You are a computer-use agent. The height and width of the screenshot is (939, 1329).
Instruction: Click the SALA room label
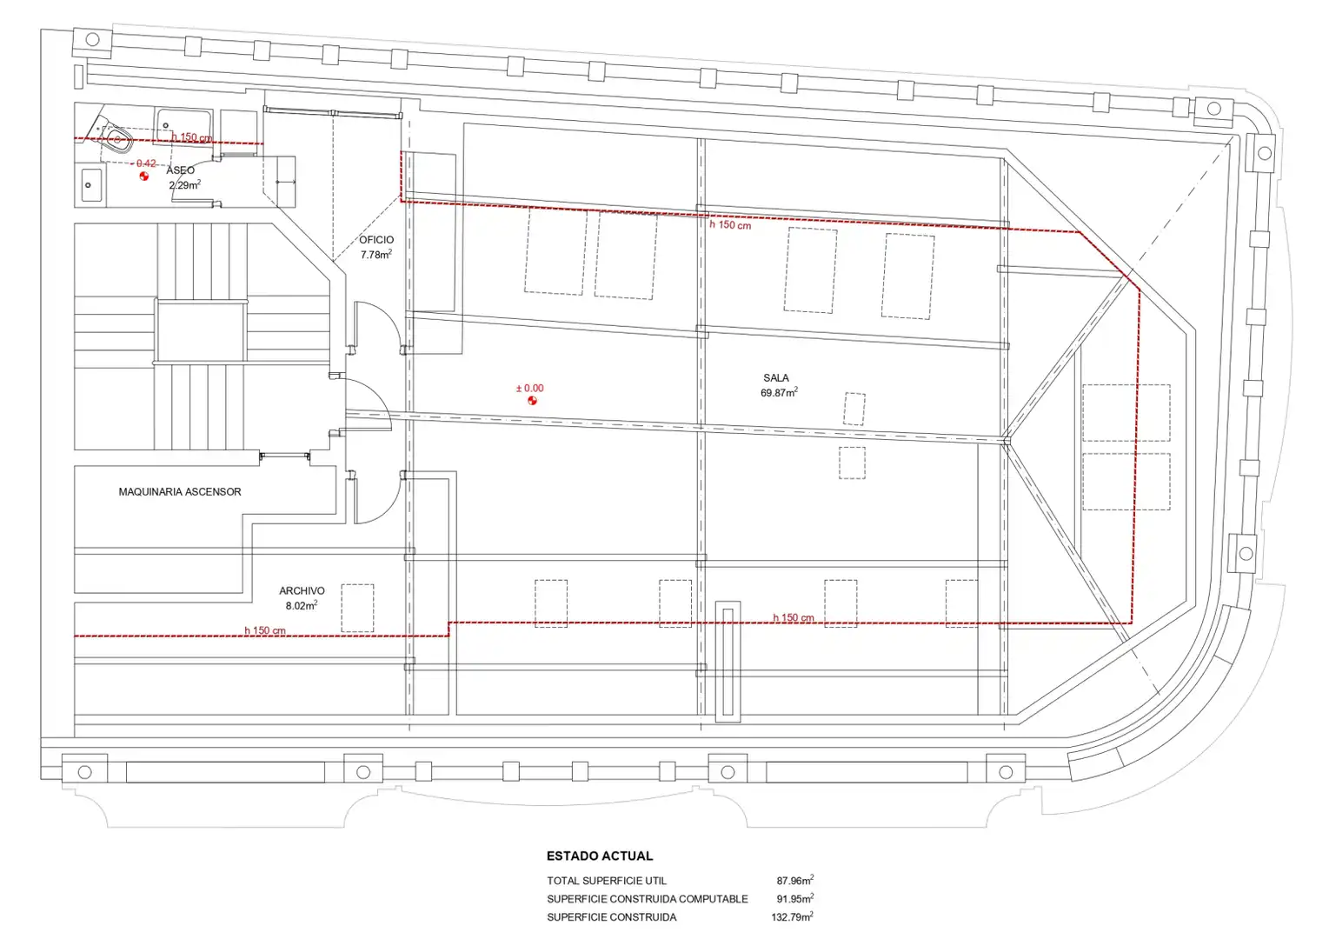[776, 378]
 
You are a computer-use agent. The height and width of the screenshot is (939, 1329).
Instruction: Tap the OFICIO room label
[376, 240]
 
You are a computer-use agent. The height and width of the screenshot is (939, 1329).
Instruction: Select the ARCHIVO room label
[302, 590]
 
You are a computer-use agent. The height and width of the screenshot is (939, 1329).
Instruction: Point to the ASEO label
[181, 170]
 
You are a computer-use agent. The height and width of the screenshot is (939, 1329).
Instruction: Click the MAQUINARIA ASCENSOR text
[180, 492]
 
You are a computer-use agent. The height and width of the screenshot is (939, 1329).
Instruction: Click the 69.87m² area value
[779, 392]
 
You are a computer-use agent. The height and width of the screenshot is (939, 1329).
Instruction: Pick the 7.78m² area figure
[376, 255]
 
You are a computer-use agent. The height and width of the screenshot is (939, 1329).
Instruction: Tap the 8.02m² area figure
[302, 605]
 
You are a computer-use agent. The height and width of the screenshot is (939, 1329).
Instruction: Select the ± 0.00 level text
[530, 388]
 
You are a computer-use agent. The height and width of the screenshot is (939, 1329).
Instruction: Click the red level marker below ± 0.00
[532, 401]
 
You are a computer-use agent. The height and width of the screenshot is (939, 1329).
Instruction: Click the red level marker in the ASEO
[143, 176]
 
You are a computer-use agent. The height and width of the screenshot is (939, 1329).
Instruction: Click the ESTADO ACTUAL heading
[599, 856]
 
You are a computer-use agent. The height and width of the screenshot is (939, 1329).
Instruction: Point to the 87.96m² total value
[795, 881]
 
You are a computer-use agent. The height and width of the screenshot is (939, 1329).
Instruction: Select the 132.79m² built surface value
[792, 917]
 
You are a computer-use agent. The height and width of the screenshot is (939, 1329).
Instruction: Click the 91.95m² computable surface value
[795, 899]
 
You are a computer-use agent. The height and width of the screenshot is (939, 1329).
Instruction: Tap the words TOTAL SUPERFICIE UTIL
[607, 881]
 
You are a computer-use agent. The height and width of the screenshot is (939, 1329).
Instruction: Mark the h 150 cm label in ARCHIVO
[264, 630]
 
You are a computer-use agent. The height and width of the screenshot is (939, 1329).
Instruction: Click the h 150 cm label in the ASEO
[191, 137]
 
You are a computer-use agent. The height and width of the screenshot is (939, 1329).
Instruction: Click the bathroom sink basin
[91, 184]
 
